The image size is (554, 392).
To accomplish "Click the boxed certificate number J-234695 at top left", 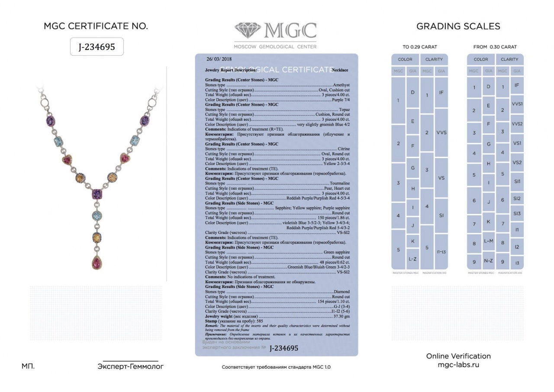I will [x=97, y=47].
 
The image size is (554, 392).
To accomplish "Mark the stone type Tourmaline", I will [x=340, y=183].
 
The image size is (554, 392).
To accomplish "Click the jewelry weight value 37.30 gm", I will [x=341, y=316].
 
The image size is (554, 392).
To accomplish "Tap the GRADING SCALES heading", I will [x=458, y=26].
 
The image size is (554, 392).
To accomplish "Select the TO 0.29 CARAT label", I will [x=419, y=47].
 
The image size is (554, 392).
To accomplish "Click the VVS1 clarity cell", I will [x=517, y=104].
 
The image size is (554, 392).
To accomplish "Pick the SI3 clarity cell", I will [x=517, y=214].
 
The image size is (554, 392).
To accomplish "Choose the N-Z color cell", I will [x=488, y=261].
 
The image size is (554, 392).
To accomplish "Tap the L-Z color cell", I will [x=412, y=259].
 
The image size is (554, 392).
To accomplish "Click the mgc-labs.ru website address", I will [x=458, y=365].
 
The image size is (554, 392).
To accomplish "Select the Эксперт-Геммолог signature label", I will [x=130, y=366].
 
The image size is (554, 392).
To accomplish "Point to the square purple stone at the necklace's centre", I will [x=97, y=194].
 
